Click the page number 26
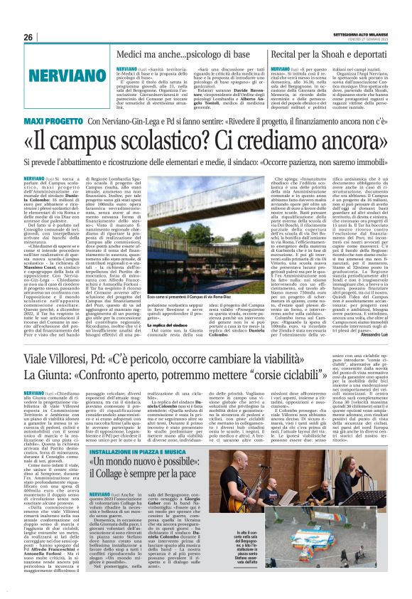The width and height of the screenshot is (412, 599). click(x=29, y=37)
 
